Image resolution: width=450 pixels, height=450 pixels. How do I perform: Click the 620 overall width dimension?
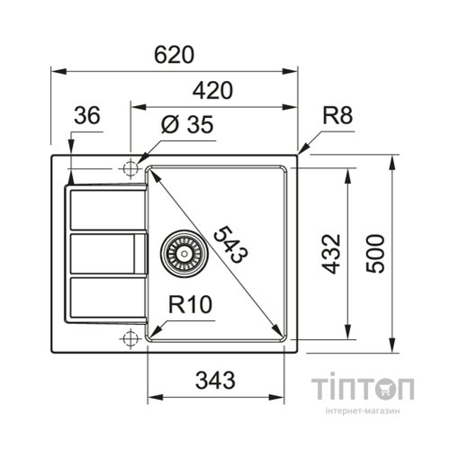tap(175, 54)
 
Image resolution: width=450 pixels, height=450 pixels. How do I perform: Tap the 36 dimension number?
tap(86, 115)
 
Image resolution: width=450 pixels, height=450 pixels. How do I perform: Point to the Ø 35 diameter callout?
tap(186, 126)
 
